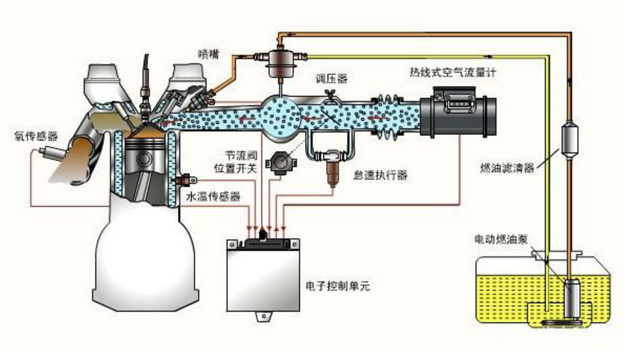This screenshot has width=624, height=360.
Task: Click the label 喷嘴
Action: (208, 53)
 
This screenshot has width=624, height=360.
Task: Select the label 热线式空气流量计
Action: (453, 73)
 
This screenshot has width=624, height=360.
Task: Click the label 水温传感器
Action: (214, 197)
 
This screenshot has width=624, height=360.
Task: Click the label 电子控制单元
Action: (338, 286)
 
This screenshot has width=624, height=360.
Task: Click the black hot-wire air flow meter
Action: (458, 112)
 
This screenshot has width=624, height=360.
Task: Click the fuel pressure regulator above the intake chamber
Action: (278, 58)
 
